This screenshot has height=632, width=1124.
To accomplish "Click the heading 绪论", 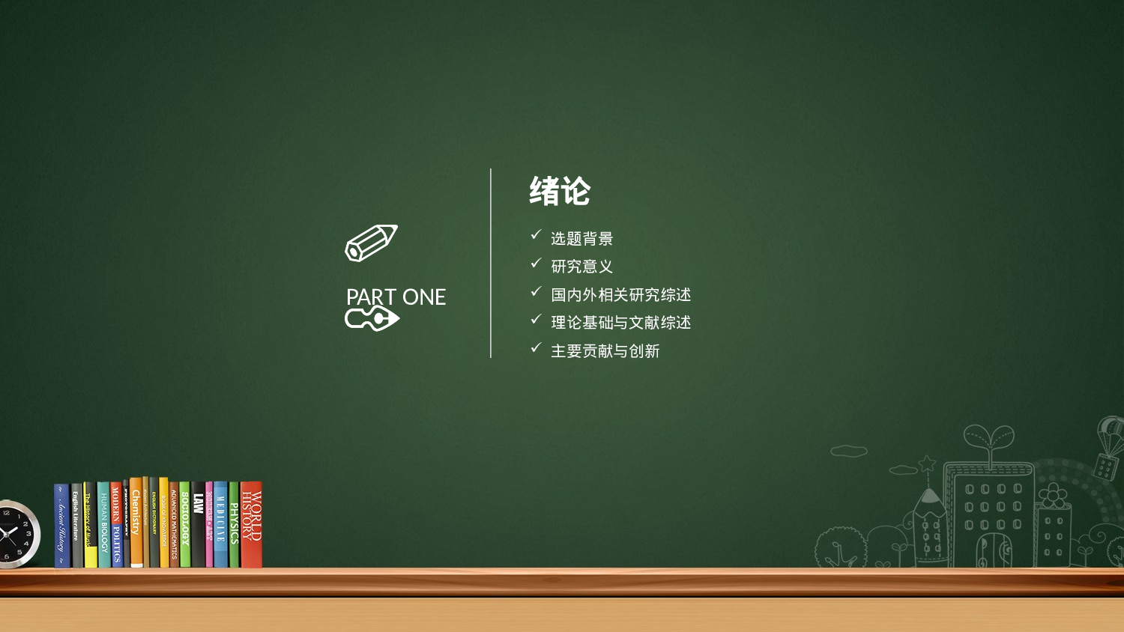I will coord(560,192).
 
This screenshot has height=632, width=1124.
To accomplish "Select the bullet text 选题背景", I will coord(581,239).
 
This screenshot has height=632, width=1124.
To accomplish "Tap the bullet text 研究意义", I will coord(581,267).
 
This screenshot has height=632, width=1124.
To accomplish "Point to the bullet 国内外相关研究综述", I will coord(620,295).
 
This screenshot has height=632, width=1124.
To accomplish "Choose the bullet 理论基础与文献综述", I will coord(620,323).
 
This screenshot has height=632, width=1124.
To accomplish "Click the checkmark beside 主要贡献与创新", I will coord(536,348).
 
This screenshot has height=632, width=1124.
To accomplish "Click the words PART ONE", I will coord(396,297).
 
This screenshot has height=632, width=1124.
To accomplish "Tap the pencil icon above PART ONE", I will coord(371,243).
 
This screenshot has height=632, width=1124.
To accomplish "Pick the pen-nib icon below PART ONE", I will coord(372,320).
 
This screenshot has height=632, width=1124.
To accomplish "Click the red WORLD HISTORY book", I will coord(251,524).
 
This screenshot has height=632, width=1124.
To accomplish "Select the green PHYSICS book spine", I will coord(234,524).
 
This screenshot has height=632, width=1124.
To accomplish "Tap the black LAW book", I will coord(198,524).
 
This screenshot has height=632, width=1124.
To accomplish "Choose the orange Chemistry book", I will coord(136,523).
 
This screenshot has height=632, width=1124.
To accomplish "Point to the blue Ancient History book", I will coord(61,526).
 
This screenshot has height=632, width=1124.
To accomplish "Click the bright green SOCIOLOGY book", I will coord(184,524).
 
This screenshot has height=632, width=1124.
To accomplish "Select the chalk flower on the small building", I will coord(1053,495).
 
